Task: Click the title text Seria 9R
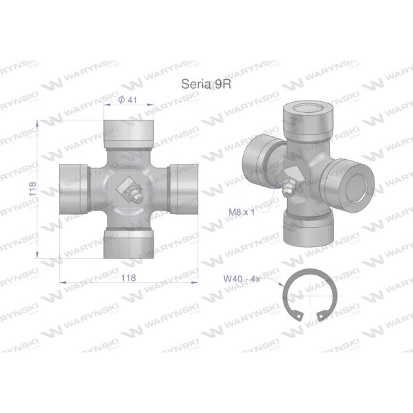[206, 84]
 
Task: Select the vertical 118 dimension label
[32, 189]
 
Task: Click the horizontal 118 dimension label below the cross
[129, 278]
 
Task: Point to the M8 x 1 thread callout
[242, 212]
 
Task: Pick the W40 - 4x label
[242, 278]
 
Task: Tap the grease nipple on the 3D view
[288, 187]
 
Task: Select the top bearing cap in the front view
[129, 134]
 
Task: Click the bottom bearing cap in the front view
[129, 244]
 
